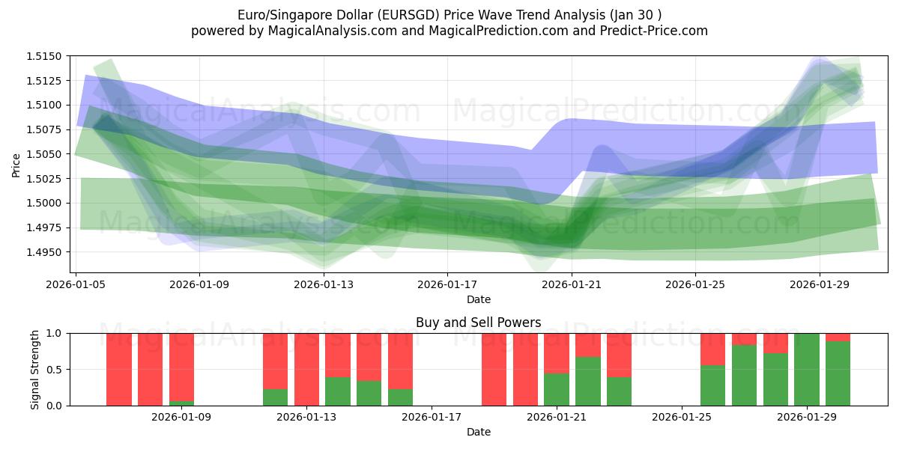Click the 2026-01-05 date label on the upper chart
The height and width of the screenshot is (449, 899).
[76, 284]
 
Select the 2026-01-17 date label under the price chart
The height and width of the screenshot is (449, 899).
[447, 284]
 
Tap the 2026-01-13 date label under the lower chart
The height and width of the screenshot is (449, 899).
[308, 417]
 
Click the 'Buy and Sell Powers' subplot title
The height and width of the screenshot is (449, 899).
[478, 323]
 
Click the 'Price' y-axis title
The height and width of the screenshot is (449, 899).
[16, 165]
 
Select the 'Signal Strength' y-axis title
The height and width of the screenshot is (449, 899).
[35, 370]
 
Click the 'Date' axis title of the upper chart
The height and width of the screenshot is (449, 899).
[478, 299]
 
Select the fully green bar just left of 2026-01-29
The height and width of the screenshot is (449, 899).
[806, 370]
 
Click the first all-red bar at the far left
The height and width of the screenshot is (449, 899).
[119, 370]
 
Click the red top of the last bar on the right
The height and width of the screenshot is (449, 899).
[838, 337]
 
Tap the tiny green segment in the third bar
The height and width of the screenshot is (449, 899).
[181, 403]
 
